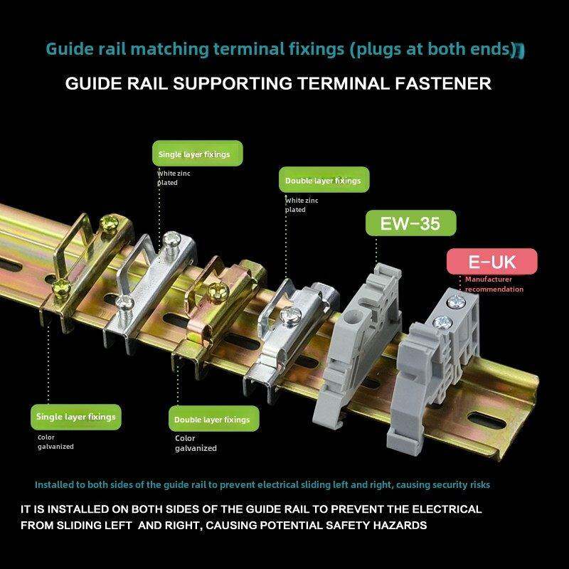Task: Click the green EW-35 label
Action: [410, 224]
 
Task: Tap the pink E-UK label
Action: [491, 261]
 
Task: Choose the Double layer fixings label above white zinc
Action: [323, 180]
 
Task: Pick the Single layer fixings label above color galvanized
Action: [75, 416]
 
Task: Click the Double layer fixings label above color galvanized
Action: [212, 420]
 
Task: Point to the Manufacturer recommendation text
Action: [494, 284]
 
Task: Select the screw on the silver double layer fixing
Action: [289, 314]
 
